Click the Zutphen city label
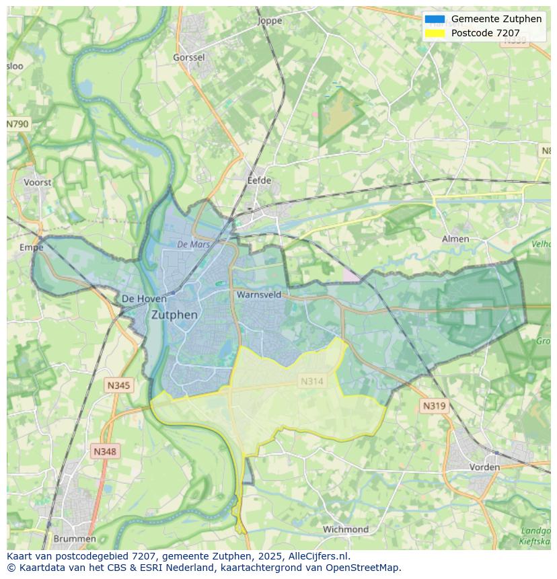174,315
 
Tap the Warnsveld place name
259,295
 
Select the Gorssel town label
189,58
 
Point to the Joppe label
270,21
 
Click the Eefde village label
260,180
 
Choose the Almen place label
455,239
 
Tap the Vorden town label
484,467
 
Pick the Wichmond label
346,529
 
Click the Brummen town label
74,539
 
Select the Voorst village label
37,182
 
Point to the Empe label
32,247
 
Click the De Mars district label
194,245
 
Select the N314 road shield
312,381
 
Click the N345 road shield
118,385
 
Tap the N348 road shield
104,452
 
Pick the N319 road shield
433,406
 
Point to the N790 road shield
18,124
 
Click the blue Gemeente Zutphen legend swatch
435,19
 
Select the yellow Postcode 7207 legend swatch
435,33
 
